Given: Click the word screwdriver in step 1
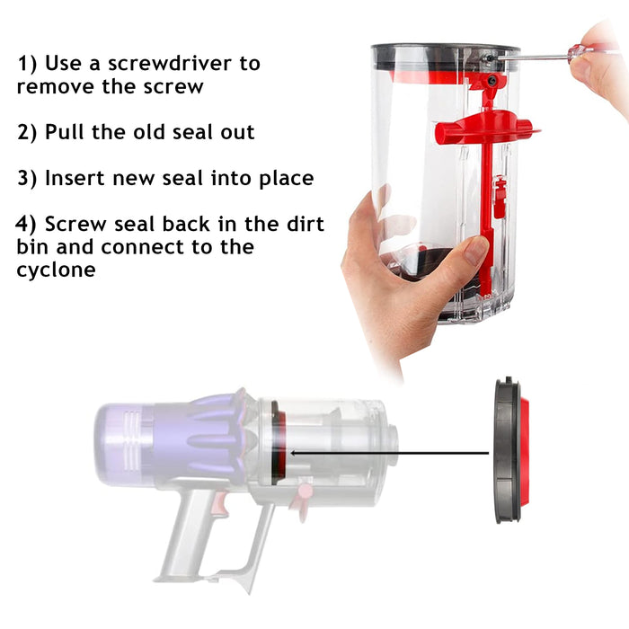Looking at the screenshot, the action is click(x=170, y=64).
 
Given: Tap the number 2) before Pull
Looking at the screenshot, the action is click(x=27, y=132).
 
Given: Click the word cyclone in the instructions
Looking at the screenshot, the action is click(x=56, y=270).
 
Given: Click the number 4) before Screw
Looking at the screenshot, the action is click(x=26, y=224).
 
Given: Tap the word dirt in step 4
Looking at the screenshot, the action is click(x=305, y=224).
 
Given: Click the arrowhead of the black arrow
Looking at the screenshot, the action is click(x=294, y=453).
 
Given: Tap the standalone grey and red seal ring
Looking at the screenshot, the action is click(x=510, y=449).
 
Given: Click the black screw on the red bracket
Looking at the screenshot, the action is click(x=492, y=82).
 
